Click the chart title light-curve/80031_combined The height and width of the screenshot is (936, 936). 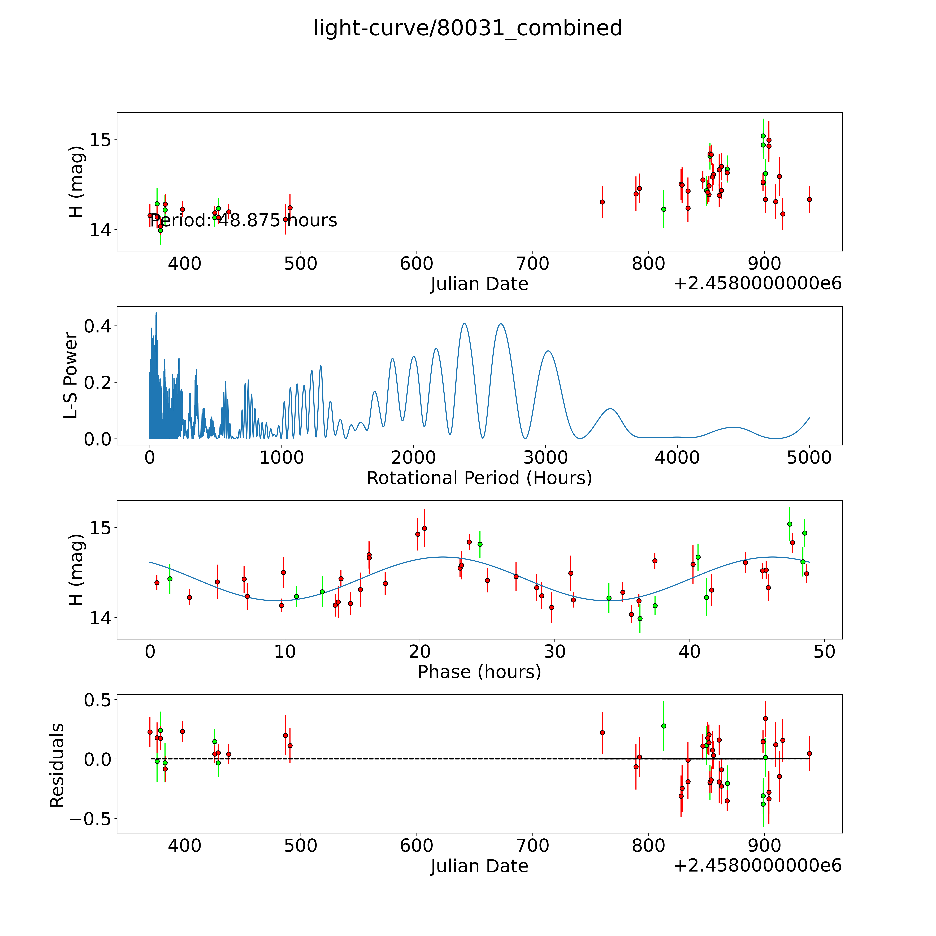tap(467, 28)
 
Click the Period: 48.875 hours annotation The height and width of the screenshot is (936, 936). tap(243, 220)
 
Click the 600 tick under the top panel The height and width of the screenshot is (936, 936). tap(417, 264)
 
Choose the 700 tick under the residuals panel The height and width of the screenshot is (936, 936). tap(532, 846)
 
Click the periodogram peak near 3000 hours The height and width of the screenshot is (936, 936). tap(547, 351)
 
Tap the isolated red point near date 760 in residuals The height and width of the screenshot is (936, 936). tap(602, 733)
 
